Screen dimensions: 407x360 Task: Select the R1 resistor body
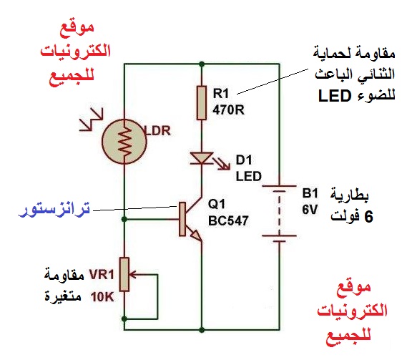pos(202,103)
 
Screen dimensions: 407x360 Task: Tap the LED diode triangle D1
pos(202,158)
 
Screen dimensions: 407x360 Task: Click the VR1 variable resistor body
pos(124,274)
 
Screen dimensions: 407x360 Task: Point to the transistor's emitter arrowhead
pos(197,235)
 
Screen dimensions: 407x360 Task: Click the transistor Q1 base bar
pos(182,219)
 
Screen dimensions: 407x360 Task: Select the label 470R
pos(228,110)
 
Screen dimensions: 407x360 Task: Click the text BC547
pos(228,220)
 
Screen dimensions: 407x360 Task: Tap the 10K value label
pos(102,297)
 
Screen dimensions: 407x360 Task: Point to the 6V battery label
pos(310,210)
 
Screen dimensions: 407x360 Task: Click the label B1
pos(310,193)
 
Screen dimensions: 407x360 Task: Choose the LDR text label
pos(158,131)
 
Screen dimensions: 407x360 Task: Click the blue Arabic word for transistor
pos(54,209)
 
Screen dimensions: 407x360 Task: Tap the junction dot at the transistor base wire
pos(124,219)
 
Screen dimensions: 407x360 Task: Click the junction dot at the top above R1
pos(202,64)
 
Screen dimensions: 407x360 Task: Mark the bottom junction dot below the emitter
pos(202,330)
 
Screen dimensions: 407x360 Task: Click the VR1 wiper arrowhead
pos(132,274)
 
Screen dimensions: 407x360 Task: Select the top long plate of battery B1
pos(279,186)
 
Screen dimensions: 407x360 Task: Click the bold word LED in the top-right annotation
pos(335,96)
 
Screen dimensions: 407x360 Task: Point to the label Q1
pos(217,204)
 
